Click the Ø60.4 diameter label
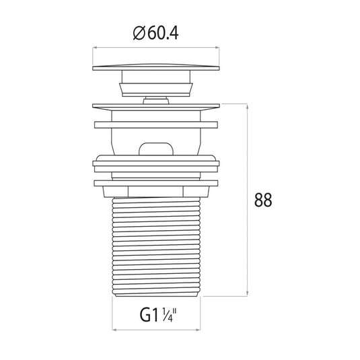155,34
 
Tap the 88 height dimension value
263,200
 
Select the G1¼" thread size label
158,315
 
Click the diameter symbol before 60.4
139,34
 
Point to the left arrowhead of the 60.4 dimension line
94,48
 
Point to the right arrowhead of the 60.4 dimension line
217,48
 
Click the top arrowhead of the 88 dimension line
247,106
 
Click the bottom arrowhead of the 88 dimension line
247,294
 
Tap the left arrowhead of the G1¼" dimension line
114,330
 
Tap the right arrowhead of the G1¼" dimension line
198,330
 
